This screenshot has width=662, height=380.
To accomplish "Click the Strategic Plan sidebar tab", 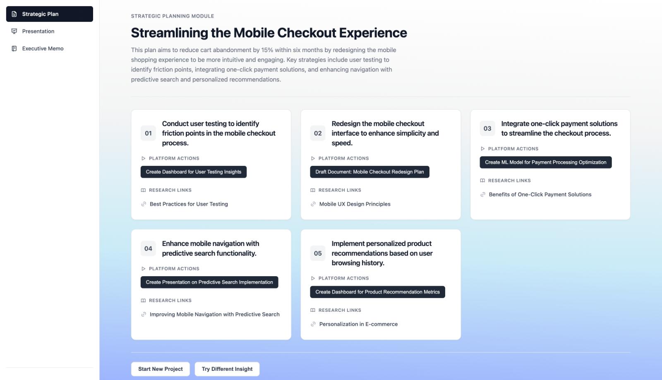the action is click(49, 14).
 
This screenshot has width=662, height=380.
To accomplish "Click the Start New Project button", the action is click(161, 369).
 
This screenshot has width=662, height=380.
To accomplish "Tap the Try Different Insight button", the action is click(227, 369).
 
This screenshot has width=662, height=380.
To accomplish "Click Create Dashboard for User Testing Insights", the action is click(194, 172).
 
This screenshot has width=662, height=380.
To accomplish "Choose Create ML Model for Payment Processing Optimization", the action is click(546, 163).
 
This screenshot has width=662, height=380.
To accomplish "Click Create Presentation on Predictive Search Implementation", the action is click(209, 282).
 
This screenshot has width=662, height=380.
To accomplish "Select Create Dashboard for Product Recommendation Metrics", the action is click(377, 292).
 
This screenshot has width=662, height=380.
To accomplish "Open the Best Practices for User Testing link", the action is click(189, 204).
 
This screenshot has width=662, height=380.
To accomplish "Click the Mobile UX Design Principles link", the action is click(355, 204).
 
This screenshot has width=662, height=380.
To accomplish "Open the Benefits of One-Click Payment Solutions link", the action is click(540, 195).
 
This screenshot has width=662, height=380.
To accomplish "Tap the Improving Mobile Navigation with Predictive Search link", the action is click(214, 314).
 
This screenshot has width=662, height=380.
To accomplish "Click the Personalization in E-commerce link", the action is click(358, 324).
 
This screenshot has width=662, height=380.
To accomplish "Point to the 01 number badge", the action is click(148, 133).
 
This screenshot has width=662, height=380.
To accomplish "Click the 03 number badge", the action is click(487, 129).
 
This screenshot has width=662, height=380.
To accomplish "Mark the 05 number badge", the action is click(318, 253).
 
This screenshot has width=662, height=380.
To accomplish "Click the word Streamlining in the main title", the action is click(169, 33).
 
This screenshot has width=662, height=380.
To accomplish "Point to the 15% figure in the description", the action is click(267, 50).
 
